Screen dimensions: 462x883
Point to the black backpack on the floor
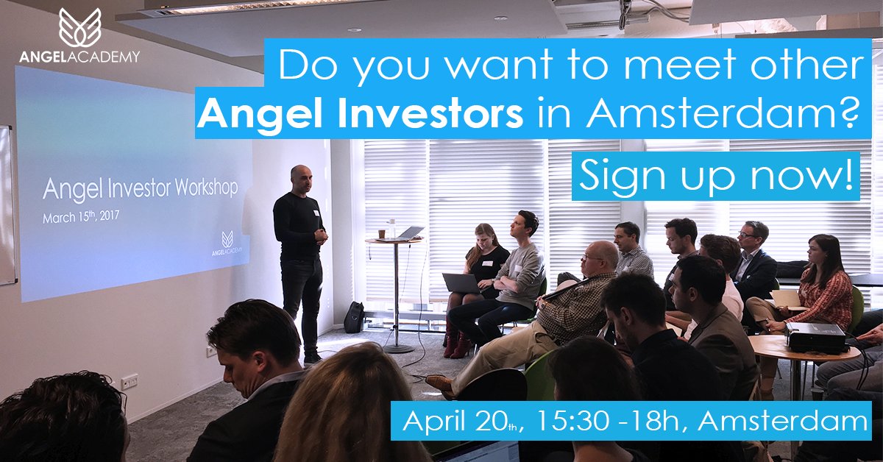355,317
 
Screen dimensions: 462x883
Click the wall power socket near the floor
130,380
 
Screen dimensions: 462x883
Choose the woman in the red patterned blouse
823,283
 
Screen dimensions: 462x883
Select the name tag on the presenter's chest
316,213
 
